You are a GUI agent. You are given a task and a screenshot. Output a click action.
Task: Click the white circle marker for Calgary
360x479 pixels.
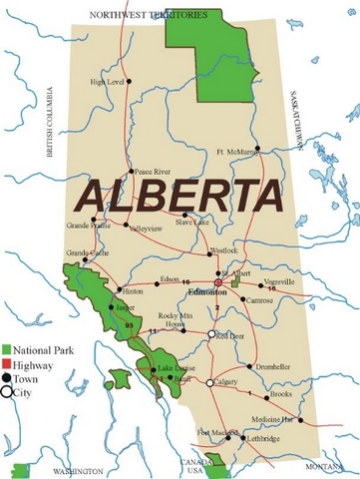click(x=209, y=383)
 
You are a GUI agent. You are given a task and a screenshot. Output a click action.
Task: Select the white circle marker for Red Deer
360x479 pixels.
click(x=211, y=335)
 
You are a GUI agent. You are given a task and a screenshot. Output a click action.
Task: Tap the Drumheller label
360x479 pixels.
click(x=268, y=366)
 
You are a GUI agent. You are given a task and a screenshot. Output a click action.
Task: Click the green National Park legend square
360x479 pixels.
click(x=7, y=349)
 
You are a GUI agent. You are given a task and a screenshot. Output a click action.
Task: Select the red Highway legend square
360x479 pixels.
click(x=7, y=364)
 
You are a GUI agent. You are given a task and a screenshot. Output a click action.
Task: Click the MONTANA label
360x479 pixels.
click(x=324, y=466)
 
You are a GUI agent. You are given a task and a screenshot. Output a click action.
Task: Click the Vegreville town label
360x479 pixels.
click(x=280, y=281)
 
